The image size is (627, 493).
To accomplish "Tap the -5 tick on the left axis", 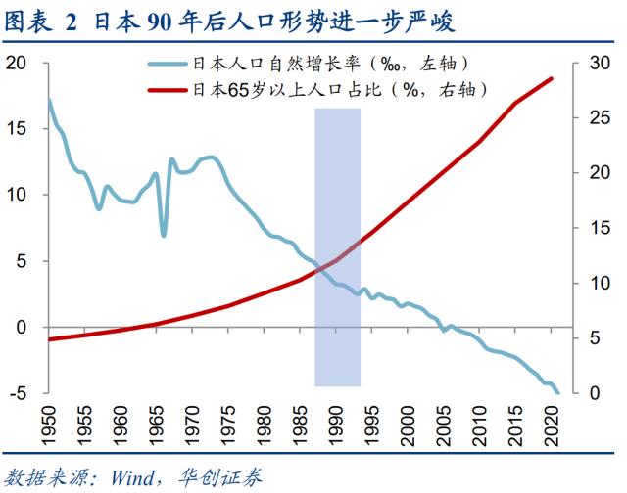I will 17,393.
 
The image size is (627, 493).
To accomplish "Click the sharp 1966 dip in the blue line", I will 163,235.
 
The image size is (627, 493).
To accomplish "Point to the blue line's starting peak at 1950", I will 49,100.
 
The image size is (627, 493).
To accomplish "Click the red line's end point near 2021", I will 552,78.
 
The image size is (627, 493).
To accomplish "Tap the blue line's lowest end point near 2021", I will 557,392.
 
